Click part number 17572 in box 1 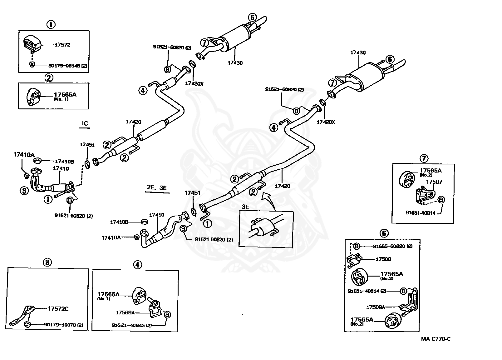point(62,45)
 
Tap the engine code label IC point(85,123)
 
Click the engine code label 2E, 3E point(157,187)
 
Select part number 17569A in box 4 point(125,312)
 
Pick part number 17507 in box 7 point(434,182)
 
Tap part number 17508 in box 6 point(383,259)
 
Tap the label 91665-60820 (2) point(392,246)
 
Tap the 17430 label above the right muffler point(358,53)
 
